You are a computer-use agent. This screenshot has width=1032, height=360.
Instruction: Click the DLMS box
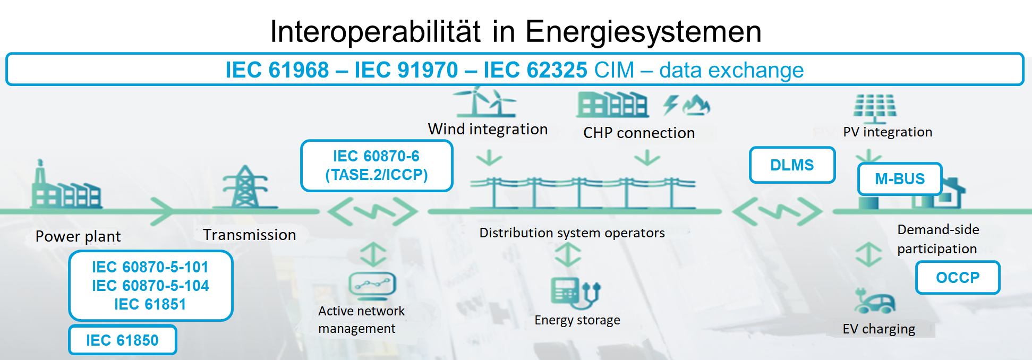[x=792, y=165]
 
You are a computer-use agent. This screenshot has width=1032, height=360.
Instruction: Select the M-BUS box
[x=900, y=179]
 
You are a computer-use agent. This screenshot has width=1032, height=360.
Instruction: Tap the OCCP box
[x=958, y=277]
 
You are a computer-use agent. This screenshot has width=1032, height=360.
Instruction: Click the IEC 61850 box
[x=123, y=340]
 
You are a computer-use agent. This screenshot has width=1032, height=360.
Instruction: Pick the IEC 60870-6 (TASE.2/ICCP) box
[x=377, y=166]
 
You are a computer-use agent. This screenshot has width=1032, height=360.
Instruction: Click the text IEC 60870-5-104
[x=150, y=286]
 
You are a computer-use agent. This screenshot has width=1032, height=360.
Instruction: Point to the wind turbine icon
[x=484, y=101]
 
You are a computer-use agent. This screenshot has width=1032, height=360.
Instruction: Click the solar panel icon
[x=875, y=108]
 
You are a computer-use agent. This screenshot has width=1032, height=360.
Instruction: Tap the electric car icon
[x=875, y=301]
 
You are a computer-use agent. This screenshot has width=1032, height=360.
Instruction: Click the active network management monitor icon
[x=372, y=285]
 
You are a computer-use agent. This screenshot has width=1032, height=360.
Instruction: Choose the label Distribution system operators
[x=572, y=233]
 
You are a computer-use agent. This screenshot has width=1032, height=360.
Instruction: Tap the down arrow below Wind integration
[x=489, y=158]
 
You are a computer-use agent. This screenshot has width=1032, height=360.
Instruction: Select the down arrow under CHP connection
[x=647, y=158]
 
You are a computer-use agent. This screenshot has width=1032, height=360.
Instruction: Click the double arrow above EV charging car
[x=868, y=254]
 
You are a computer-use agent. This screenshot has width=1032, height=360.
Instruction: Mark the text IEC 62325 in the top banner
[x=535, y=70]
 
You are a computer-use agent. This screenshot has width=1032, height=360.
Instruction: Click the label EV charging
[x=879, y=329]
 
